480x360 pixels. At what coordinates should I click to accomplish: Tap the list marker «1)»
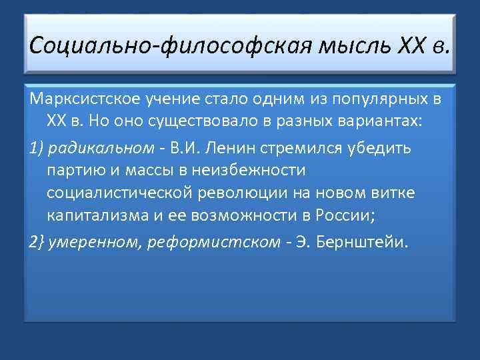(35, 147)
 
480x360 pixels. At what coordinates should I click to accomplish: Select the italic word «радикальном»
(97, 147)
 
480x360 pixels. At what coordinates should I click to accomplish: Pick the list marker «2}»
(36, 241)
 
